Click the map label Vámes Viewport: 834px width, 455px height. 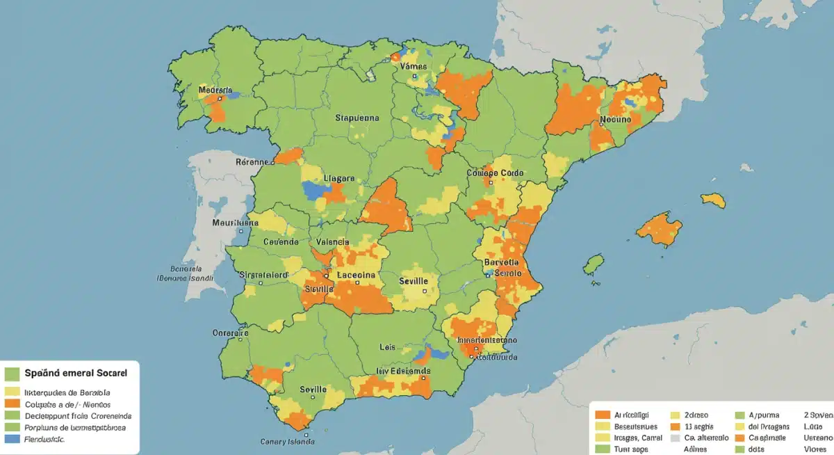click(414, 67)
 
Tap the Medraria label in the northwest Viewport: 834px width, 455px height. click(215, 90)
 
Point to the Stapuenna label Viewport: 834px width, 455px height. click(357, 118)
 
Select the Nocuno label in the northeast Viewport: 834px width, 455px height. click(614, 120)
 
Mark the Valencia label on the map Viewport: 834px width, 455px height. click(332, 241)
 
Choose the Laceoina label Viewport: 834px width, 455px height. click(356, 275)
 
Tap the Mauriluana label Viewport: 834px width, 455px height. click(235, 224)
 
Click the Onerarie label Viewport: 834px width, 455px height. click(230, 333)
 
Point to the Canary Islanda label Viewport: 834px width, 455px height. click(287, 441)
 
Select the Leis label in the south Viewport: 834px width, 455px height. click(387, 346)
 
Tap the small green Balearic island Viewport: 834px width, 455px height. click(593, 264)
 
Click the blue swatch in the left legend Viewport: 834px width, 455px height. click(11, 440)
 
